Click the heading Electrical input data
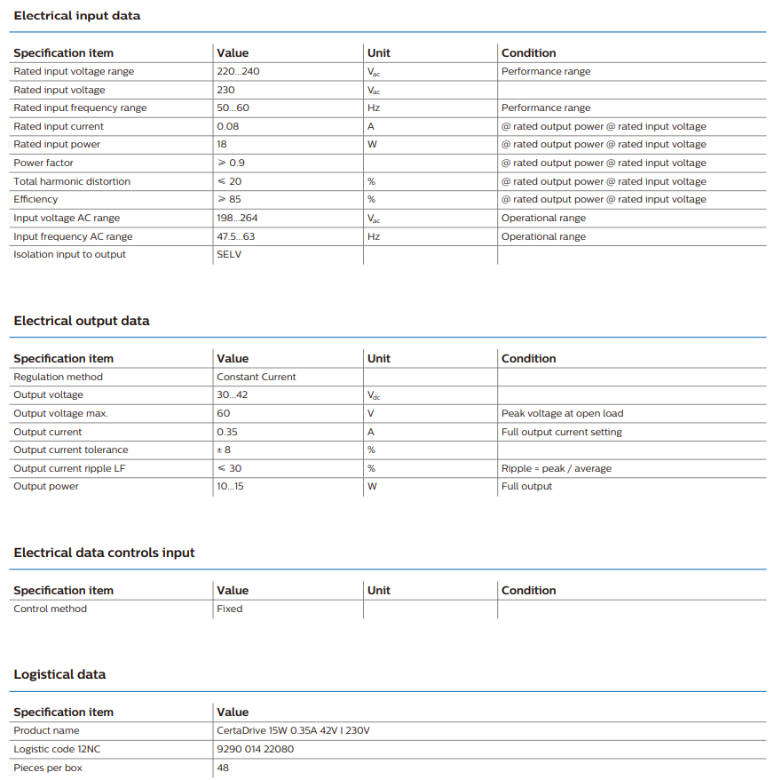tap(77, 16)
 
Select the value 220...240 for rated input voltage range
tap(238, 71)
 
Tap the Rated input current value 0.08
tap(228, 126)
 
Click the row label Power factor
tap(43, 163)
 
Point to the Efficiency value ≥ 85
tap(229, 199)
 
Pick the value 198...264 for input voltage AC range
tap(237, 218)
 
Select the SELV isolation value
tap(229, 254)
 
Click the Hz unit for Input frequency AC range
tap(374, 236)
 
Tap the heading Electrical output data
tap(82, 321)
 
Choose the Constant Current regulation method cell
tap(257, 377)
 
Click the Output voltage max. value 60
tap(223, 413)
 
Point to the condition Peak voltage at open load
tap(562, 413)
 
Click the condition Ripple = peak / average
tap(557, 468)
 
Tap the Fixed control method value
tap(229, 609)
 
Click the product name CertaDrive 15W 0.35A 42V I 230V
tap(293, 730)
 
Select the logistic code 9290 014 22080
tap(256, 749)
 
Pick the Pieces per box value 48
tap(223, 768)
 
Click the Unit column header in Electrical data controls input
tap(379, 590)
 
